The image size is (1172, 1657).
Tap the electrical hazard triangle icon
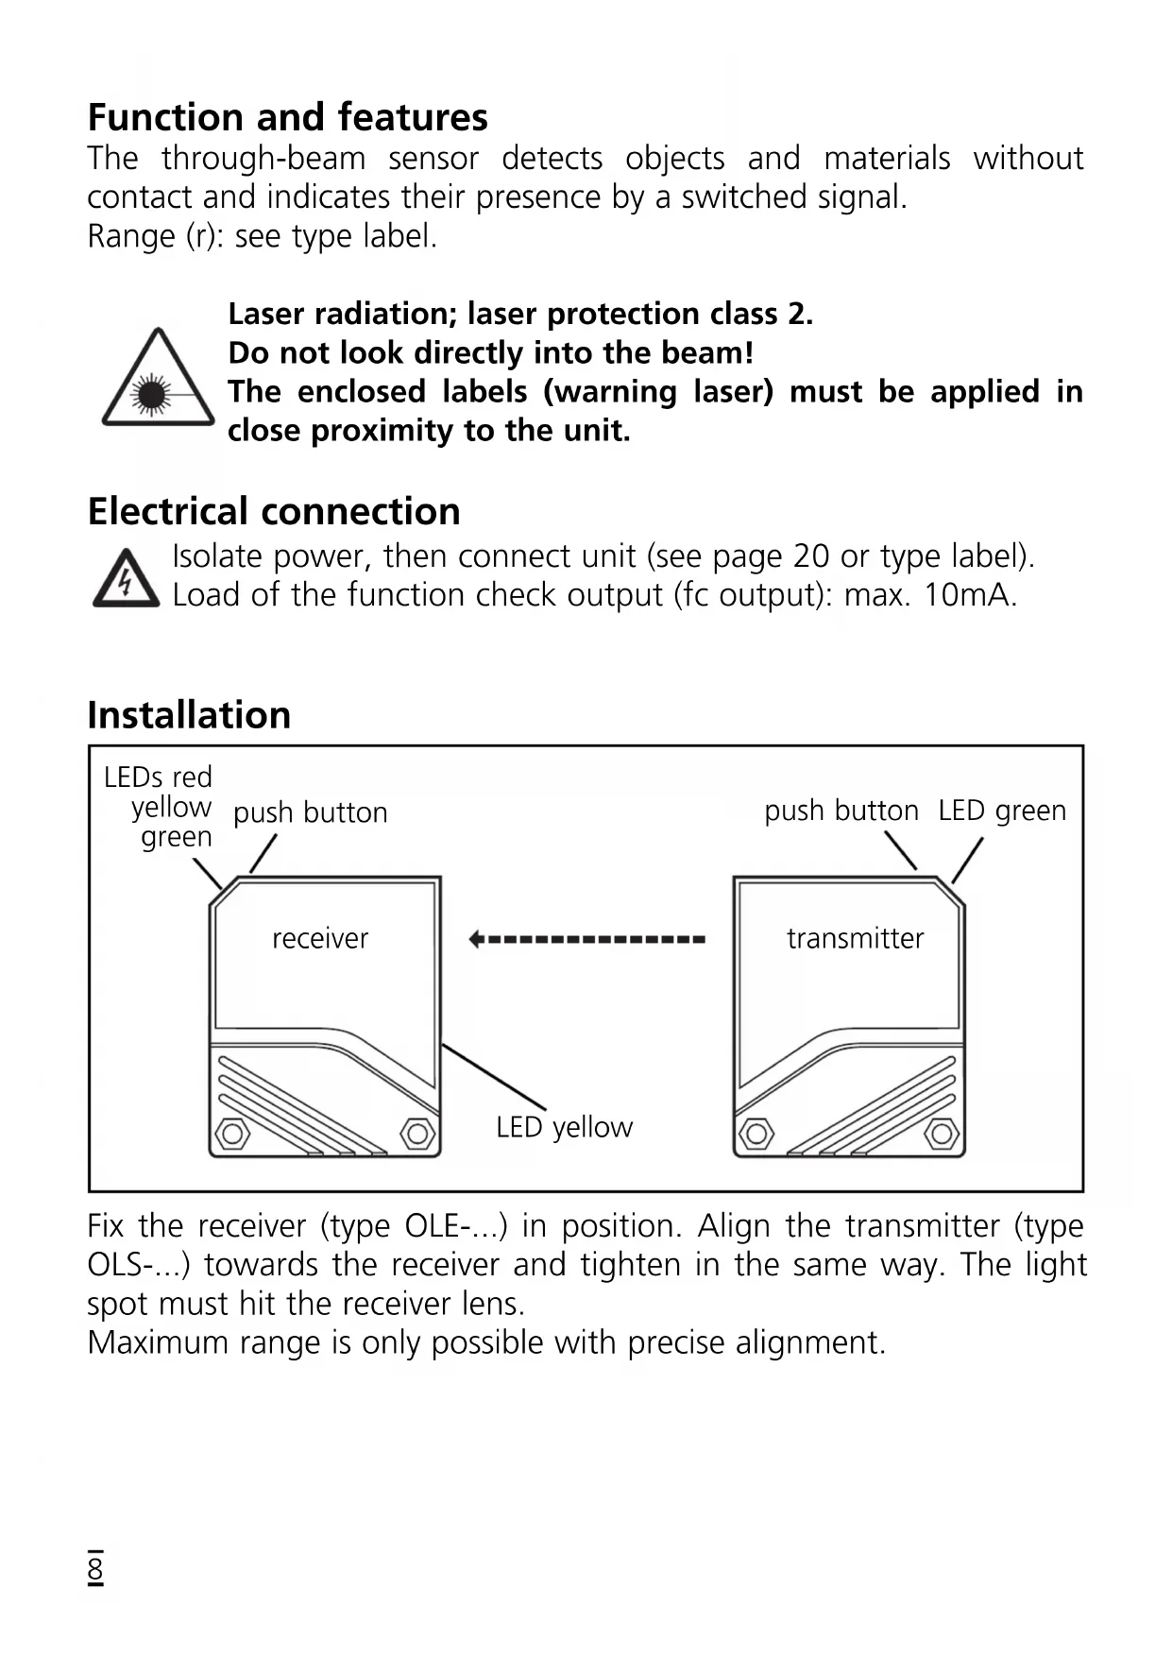click(126, 578)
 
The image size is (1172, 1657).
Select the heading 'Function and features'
click(287, 117)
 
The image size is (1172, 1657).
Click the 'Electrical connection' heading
click(274, 511)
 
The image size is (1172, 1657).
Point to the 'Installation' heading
click(189, 715)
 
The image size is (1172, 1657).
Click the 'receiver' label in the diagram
click(320, 938)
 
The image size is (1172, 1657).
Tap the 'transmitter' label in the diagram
click(855, 938)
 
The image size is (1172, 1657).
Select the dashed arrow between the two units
click(586, 939)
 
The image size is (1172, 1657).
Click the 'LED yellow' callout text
click(564, 1127)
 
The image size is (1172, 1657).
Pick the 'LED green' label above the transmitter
click(1002, 811)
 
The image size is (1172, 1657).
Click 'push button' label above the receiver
click(310, 812)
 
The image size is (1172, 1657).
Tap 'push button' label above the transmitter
click(841, 811)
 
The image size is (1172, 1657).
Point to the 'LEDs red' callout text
click(158, 777)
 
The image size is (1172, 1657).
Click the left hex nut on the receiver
click(232, 1132)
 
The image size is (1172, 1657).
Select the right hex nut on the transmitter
click(941, 1132)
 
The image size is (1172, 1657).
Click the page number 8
click(95, 1569)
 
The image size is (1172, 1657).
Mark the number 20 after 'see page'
click(810, 556)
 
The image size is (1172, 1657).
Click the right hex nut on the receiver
click(417, 1132)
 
